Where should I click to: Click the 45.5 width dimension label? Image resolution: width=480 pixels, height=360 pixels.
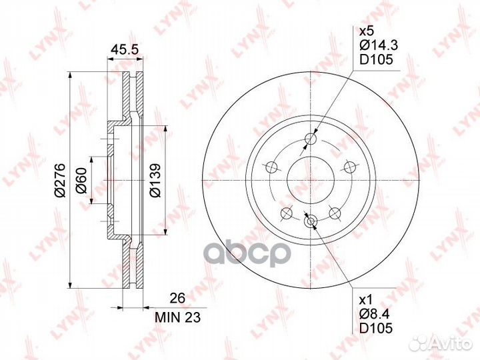point(125,49)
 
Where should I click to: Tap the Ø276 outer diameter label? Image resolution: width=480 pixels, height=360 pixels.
point(59,180)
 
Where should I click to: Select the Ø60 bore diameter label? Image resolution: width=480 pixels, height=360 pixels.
point(82,181)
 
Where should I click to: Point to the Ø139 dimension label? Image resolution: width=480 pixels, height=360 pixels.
point(155,180)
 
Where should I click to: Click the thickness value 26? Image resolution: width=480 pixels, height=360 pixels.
point(177,298)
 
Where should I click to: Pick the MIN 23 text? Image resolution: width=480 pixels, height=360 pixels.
point(177,317)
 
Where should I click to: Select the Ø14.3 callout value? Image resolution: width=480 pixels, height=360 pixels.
point(379,45)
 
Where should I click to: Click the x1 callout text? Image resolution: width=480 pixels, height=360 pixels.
point(365,299)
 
